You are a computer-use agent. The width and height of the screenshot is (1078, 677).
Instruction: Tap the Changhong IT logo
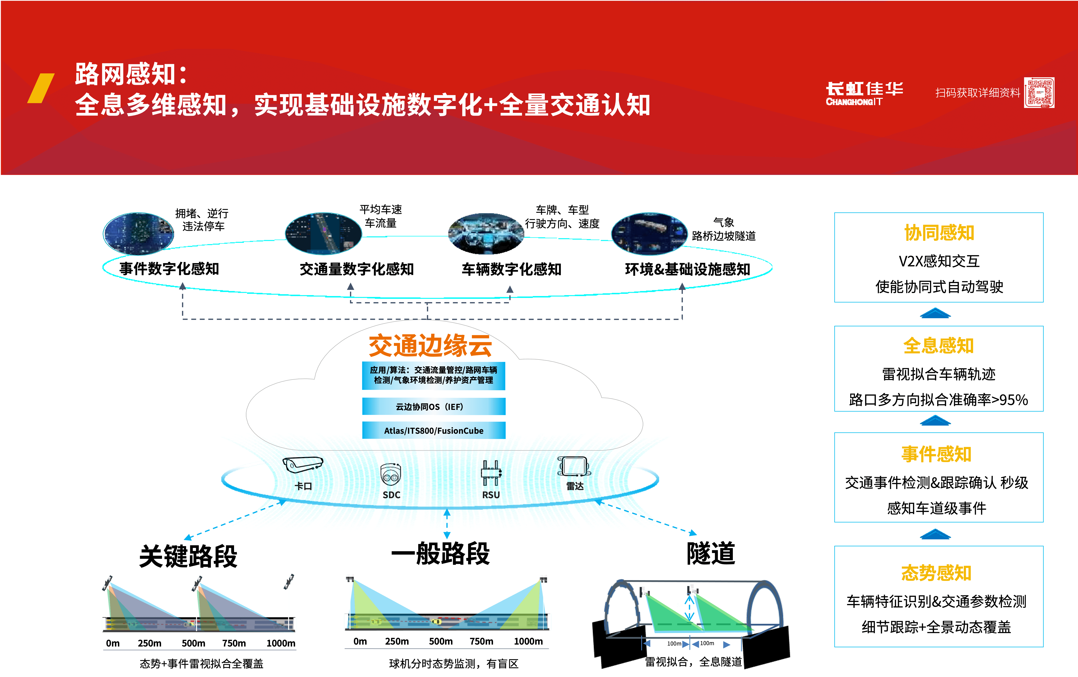(x=864, y=93)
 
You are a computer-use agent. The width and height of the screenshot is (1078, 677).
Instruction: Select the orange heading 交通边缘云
(x=430, y=346)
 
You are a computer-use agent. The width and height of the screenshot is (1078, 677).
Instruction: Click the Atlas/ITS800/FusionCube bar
(x=433, y=430)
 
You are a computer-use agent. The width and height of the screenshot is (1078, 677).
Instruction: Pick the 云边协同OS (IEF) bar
(x=433, y=406)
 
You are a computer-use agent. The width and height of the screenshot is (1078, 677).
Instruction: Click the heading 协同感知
(x=939, y=233)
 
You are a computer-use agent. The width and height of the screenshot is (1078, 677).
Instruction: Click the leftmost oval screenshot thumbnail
(x=138, y=234)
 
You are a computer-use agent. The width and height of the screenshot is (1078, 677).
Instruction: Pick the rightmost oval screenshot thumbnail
(x=649, y=234)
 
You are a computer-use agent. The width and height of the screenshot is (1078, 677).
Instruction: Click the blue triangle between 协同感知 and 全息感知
(x=935, y=313)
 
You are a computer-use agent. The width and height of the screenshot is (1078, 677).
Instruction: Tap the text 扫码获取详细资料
(x=977, y=93)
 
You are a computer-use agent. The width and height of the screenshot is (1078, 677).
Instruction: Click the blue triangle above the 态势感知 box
(x=935, y=534)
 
